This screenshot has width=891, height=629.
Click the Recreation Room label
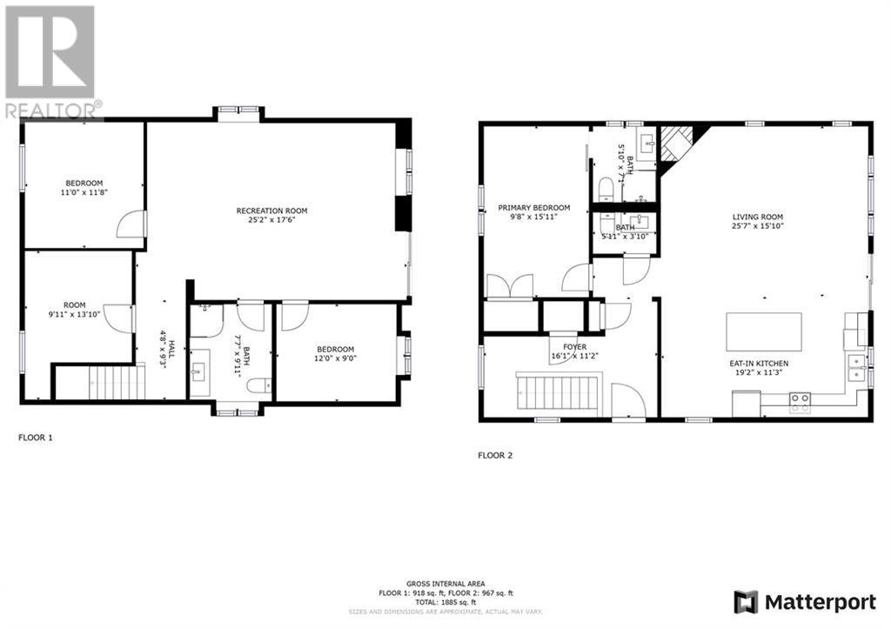pyautogui.click(x=271, y=211)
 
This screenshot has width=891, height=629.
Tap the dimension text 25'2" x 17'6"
pyautogui.click(x=271, y=220)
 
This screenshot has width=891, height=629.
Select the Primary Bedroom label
pyautogui.click(x=533, y=207)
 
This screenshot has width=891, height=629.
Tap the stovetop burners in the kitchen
pyautogui.click(x=800, y=401)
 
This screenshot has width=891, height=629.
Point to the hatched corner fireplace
pyautogui.click(x=677, y=143)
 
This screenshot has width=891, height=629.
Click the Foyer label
pyautogui.click(x=562, y=346)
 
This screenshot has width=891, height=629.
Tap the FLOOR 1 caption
pyautogui.click(x=36, y=438)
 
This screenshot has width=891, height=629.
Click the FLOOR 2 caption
pyautogui.click(x=495, y=455)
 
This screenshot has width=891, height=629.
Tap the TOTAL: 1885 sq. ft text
pyautogui.click(x=445, y=601)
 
